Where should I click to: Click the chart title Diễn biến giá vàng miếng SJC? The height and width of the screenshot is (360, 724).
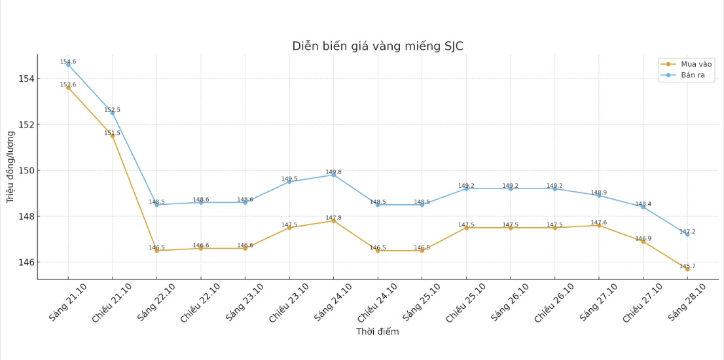click(378, 46)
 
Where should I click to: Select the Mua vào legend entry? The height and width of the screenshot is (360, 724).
click(687, 64)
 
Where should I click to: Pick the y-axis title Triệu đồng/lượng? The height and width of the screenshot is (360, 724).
click(10, 167)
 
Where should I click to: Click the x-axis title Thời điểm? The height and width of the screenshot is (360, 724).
click(377, 332)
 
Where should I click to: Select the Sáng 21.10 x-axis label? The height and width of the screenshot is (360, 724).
click(67, 302)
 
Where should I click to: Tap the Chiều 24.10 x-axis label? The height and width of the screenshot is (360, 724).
click(376, 303)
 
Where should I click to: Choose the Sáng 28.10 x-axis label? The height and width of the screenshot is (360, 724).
click(687, 302)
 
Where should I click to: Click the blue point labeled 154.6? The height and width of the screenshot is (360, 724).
click(68, 65)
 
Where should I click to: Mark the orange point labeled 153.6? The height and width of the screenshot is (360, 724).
click(68, 88)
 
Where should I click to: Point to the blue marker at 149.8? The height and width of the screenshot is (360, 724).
click(333, 175)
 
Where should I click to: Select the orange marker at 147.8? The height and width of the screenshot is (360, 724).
click(333, 221)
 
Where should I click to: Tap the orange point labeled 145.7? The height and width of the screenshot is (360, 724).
click(687, 269)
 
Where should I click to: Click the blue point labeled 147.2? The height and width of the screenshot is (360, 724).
click(687, 234)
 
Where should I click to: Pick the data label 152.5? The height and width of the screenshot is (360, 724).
click(113, 110)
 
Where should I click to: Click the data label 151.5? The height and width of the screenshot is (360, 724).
click(113, 133)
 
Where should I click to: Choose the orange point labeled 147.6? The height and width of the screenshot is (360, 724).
click(599, 225)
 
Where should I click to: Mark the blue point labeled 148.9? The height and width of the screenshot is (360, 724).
click(599, 196)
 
